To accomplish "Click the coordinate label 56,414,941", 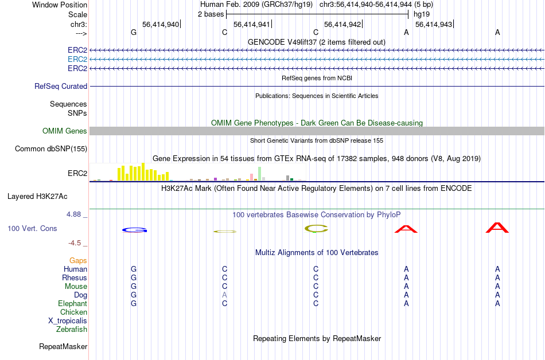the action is coord(252,24).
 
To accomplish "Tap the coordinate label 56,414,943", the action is coord(434,24).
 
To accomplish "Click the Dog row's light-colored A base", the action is coord(224,295).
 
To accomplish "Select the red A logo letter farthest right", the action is coord(497,228).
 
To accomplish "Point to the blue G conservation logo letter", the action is coord(134,230).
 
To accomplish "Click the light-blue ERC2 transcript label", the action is coord(77,60).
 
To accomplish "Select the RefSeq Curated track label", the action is coord(61,86).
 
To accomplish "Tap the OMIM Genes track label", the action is coord(65,131).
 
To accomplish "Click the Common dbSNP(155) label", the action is coord(51,148).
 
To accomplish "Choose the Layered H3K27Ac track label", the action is coord(37,197).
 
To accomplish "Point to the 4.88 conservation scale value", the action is coord(73,214).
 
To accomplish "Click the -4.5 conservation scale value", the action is coord(75,242).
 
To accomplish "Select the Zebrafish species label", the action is coord(72,329).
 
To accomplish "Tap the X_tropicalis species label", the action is coord(68,321).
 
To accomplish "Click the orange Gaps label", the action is coord(78,260).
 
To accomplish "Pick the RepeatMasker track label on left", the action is coord(63,346).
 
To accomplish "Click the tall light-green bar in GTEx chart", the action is coord(260,174).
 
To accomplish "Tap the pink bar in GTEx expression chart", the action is coord(252,177).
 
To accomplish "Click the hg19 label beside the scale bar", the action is coord(422,14).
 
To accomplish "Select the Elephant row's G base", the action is coord(134,303).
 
